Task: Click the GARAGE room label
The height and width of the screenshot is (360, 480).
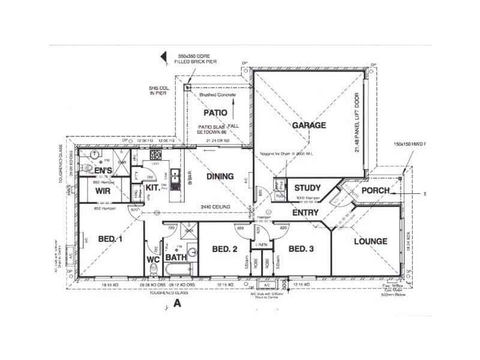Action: (x=309, y=125)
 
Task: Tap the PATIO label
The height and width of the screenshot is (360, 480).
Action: (x=214, y=112)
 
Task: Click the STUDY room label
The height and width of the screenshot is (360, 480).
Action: (x=307, y=188)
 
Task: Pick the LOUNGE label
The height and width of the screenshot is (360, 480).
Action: (x=370, y=241)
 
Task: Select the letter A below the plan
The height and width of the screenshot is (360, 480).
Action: (x=177, y=304)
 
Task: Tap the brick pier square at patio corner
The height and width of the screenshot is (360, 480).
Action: (x=188, y=88)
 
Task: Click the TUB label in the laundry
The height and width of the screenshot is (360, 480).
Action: (x=279, y=196)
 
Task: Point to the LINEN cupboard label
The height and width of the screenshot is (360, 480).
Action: (x=262, y=245)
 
